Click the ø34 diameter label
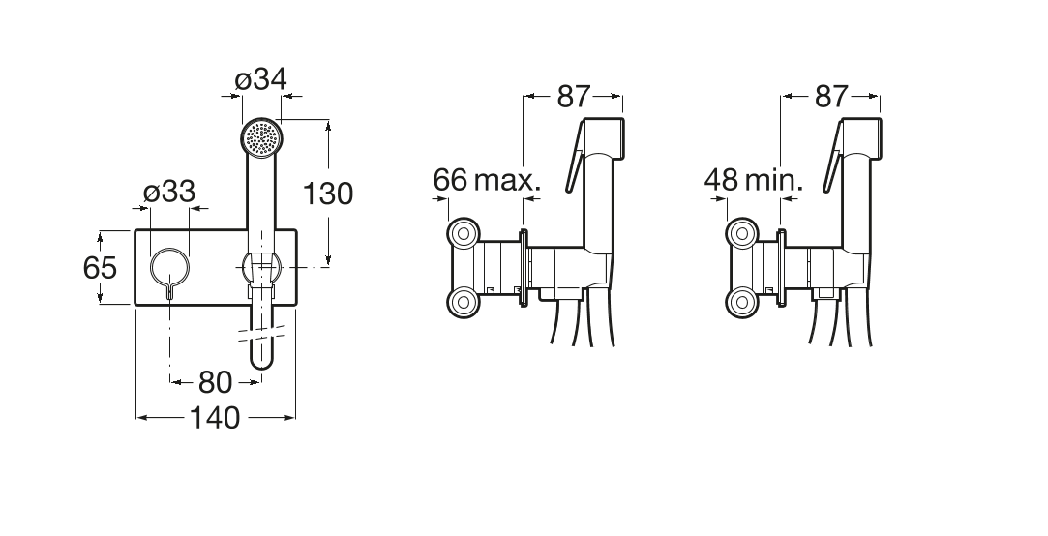pyautogui.click(x=260, y=80)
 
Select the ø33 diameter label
pyautogui.click(x=169, y=193)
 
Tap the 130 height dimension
pyautogui.click(x=327, y=194)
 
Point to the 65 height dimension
pyautogui.click(x=101, y=267)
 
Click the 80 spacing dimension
pyautogui.click(x=215, y=383)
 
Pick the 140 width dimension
pyautogui.click(x=215, y=418)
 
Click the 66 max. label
pyautogui.click(x=486, y=181)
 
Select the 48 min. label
pyautogui.click(x=753, y=181)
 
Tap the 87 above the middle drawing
pyautogui.click(x=574, y=97)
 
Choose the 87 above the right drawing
pyautogui.click(x=831, y=97)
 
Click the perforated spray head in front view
pyautogui.click(x=261, y=139)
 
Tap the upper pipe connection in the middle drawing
pyautogui.click(x=464, y=233)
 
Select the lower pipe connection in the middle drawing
pyautogui.click(x=464, y=303)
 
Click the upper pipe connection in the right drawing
pyautogui.click(x=741, y=233)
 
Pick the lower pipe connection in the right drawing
pyautogui.click(x=741, y=303)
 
